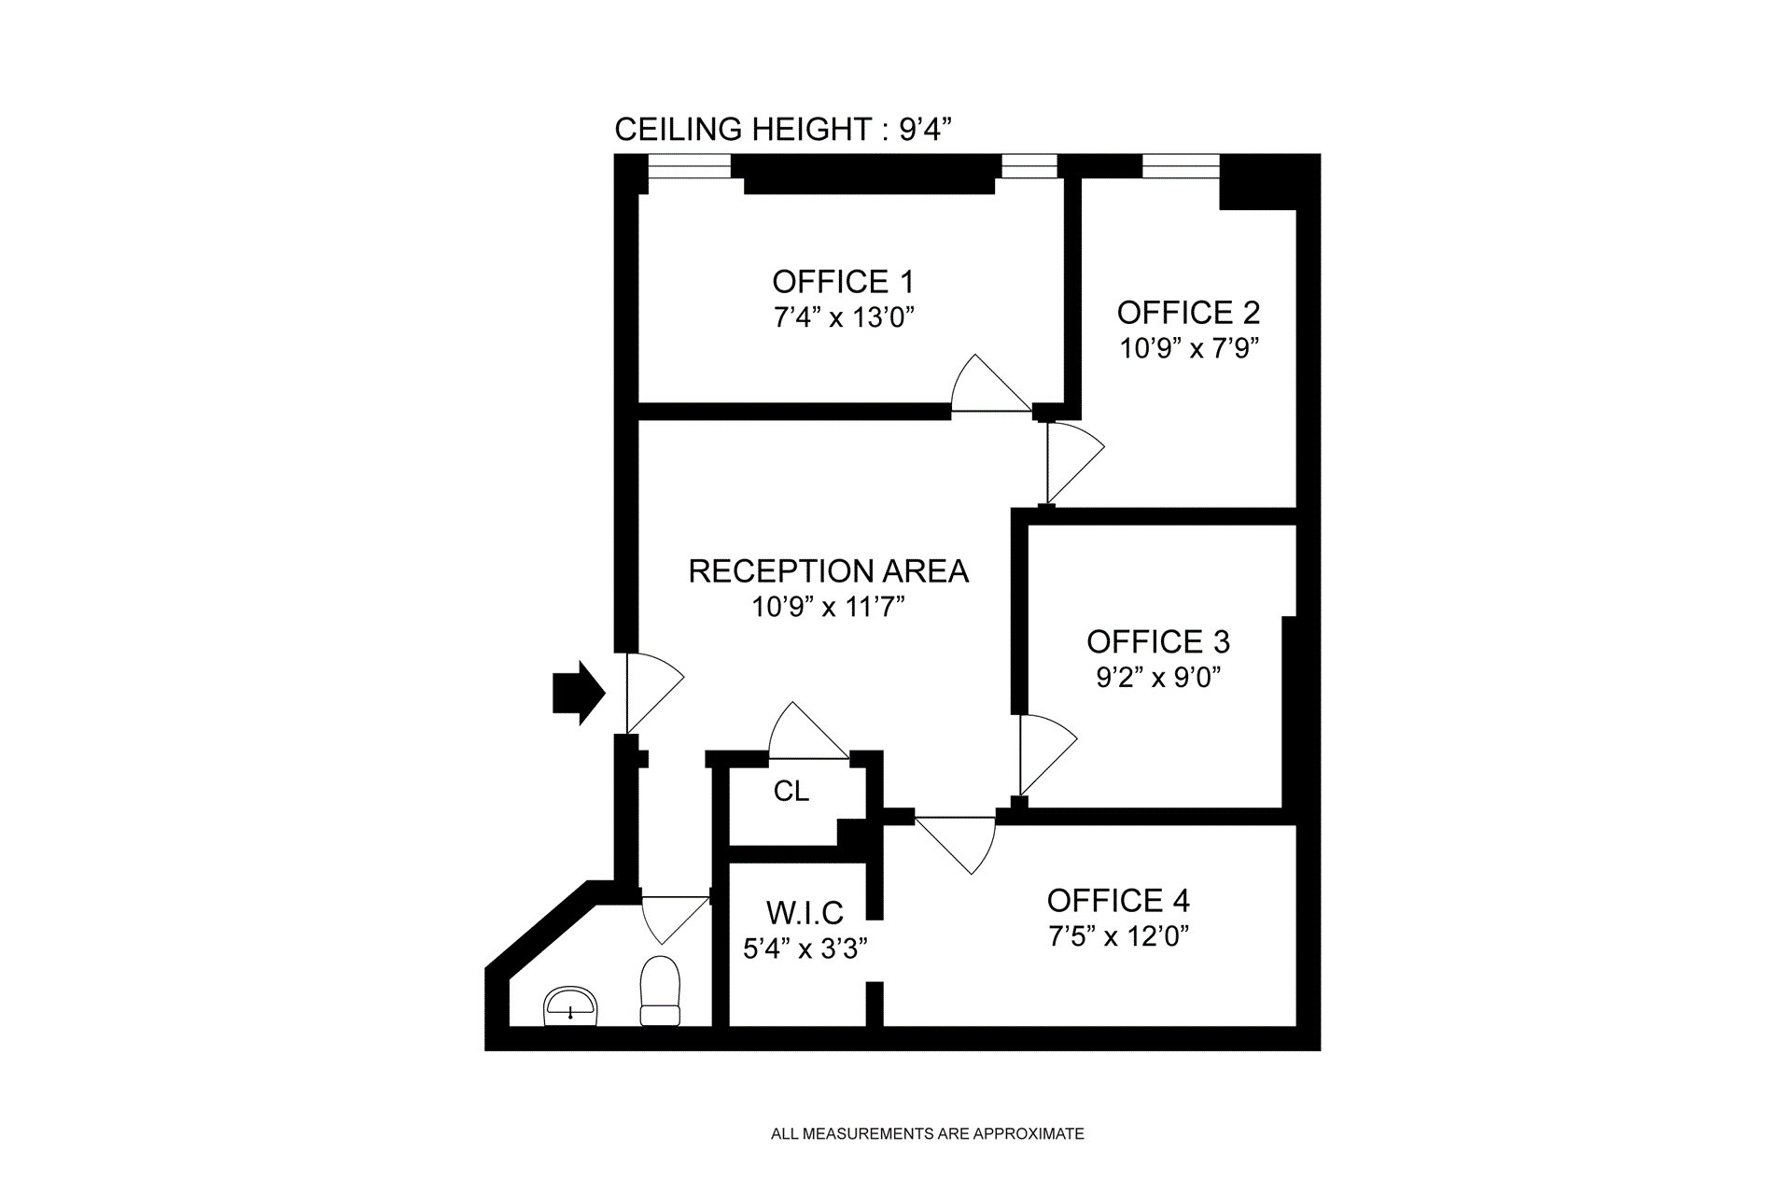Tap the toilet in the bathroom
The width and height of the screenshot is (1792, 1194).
tap(660, 991)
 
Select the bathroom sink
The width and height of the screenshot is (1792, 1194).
tap(570, 1006)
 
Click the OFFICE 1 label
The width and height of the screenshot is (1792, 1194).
tap(843, 282)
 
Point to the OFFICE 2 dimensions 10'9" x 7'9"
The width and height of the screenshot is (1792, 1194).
tap(1189, 348)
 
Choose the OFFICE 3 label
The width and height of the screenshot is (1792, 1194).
tap(1158, 641)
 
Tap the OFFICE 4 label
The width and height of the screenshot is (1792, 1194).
tap(1118, 900)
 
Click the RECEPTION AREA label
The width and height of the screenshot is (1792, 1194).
tap(828, 570)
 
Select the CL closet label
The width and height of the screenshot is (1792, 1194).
tap(791, 792)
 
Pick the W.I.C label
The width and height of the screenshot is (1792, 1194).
tap(805, 912)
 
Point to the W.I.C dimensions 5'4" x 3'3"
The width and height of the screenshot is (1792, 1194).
tap(805, 948)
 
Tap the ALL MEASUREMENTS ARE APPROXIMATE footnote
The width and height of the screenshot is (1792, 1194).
tap(927, 1134)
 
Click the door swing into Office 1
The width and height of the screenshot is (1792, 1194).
tap(985, 386)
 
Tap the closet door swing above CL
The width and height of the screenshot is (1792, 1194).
tap(803, 733)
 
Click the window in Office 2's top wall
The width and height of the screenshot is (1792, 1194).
tap(1181, 166)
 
